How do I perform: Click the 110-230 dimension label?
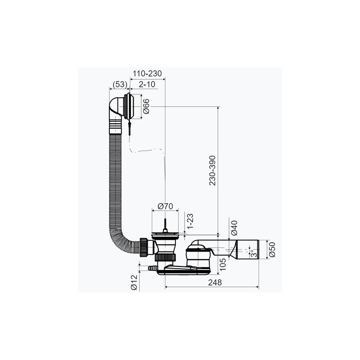click(x=148, y=73)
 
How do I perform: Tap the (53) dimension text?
click(x=120, y=85)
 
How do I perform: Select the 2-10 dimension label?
click(x=147, y=85)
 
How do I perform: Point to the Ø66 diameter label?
click(x=146, y=106)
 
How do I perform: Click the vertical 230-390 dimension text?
click(x=212, y=171)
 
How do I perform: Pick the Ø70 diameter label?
click(x=165, y=207)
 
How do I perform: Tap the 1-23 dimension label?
click(x=190, y=221)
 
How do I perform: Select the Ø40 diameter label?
click(x=234, y=228)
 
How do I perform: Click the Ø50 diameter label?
click(x=272, y=250)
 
